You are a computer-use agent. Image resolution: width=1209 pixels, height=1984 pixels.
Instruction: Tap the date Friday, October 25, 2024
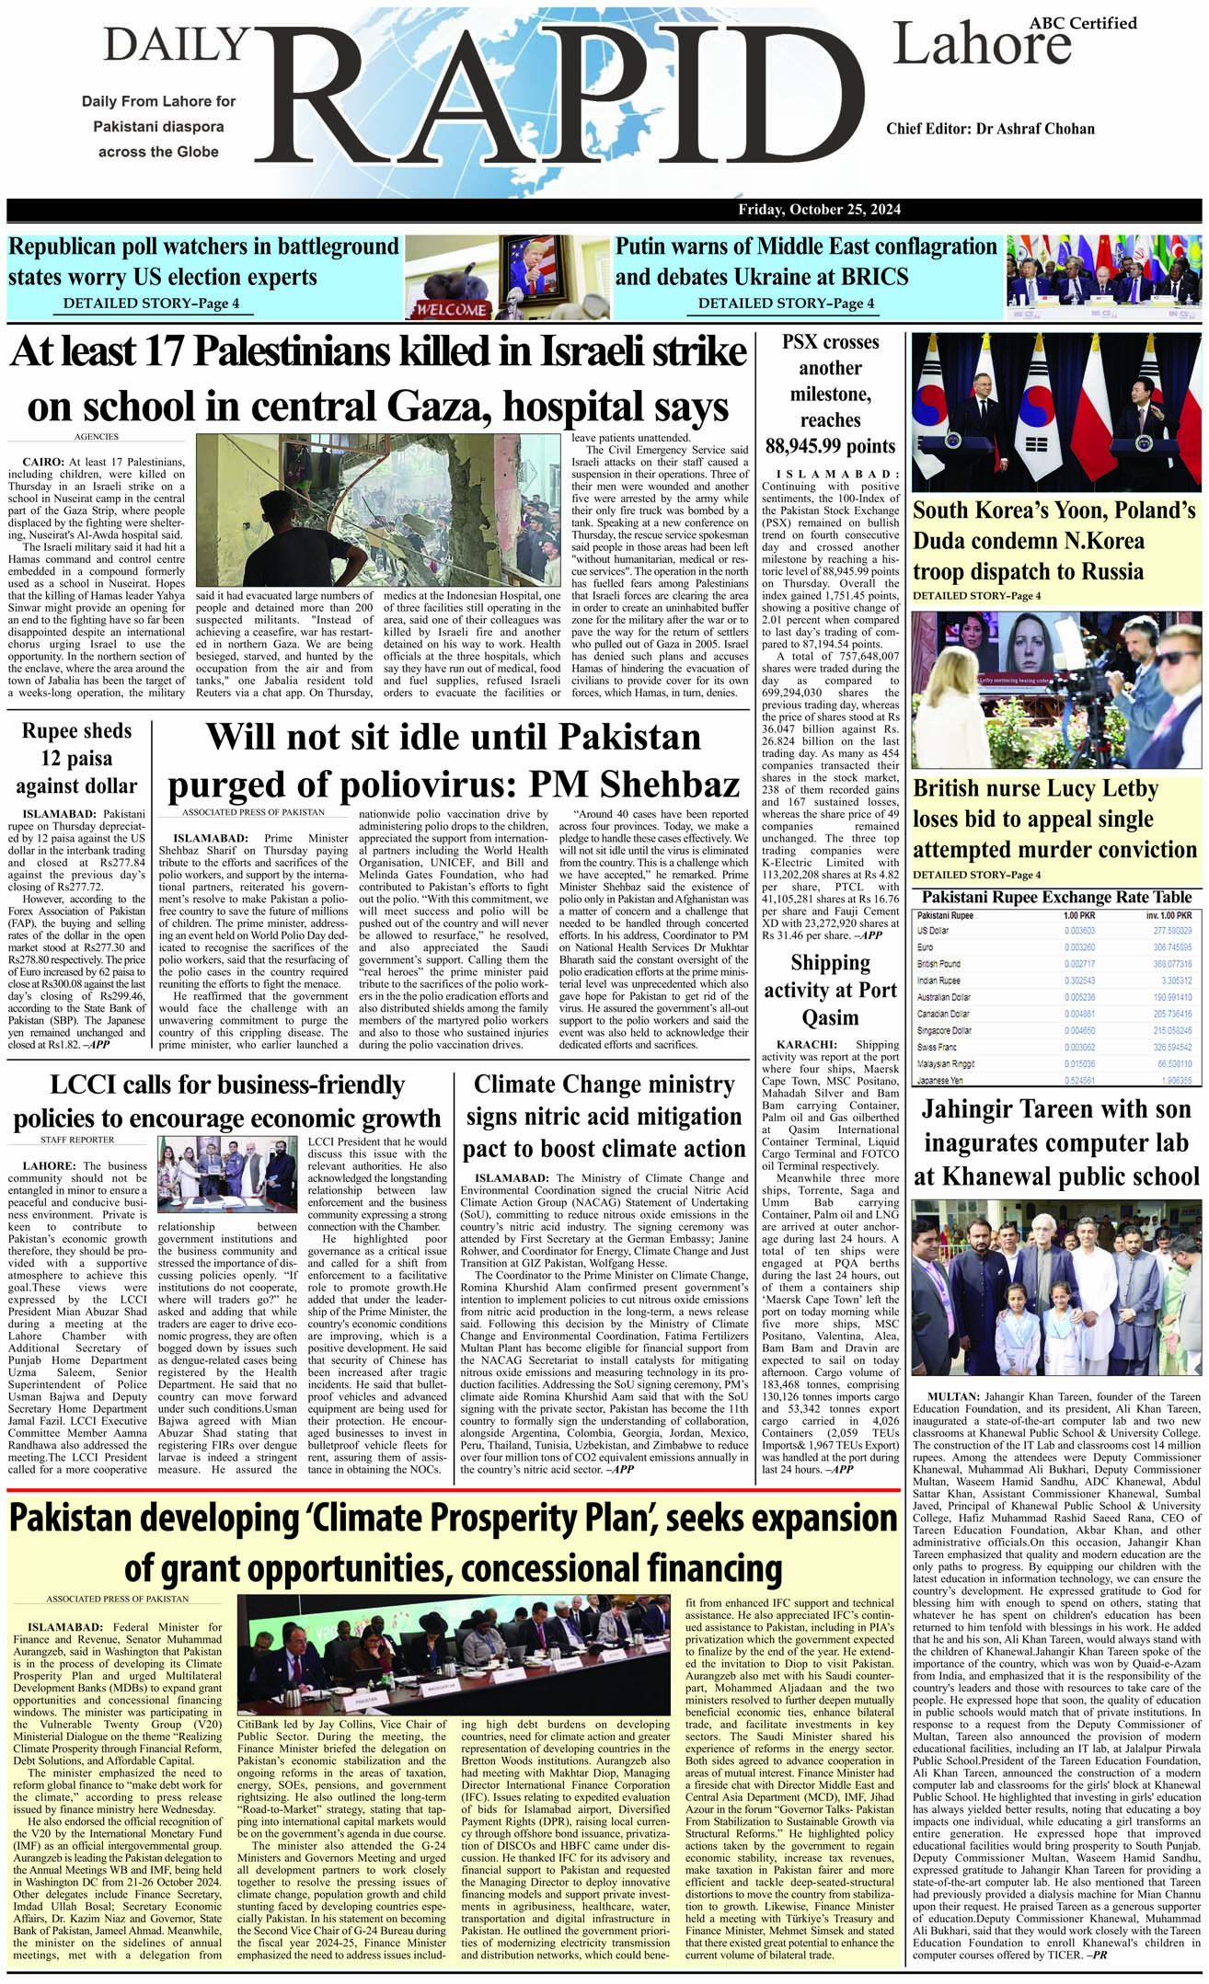tap(819, 210)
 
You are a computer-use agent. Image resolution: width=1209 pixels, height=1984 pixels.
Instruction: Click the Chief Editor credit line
tap(990, 128)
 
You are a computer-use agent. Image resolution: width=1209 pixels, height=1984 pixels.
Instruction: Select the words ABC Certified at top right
tap(1096, 22)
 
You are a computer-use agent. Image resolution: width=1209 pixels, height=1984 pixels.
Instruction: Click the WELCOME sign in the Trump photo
tap(452, 309)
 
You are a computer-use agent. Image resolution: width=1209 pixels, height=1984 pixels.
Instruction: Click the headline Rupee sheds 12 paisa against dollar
tap(76, 759)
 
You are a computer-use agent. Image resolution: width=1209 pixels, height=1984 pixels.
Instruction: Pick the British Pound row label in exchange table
tap(938, 964)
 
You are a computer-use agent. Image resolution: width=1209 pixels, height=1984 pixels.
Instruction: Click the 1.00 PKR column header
tap(1079, 915)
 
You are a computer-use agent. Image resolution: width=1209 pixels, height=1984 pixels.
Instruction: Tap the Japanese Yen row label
tap(939, 1081)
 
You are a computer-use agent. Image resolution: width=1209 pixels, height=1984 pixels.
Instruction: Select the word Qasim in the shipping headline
tap(831, 1017)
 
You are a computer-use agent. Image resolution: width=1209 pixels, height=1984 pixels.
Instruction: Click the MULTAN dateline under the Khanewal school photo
tap(949, 1397)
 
